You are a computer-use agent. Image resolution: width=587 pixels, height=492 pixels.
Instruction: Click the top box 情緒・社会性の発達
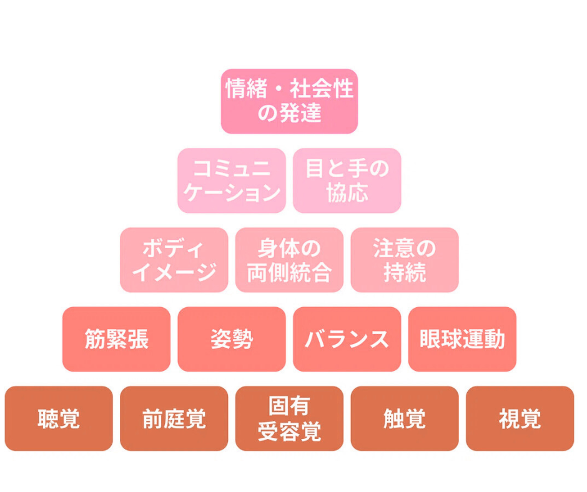pos(289,101)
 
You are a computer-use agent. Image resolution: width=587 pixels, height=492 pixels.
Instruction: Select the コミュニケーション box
pos(232,180)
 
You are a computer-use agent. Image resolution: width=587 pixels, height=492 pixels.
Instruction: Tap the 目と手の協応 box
pos(347,180)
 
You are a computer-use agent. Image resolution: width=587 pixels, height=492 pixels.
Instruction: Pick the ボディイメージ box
pos(174,260)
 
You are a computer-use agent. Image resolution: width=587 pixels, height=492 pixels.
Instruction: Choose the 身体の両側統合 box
pos(289,260)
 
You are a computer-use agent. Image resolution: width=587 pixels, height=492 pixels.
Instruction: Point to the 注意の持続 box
pos(405,260)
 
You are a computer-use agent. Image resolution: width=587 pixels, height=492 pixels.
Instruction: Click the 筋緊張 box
pos(116,339)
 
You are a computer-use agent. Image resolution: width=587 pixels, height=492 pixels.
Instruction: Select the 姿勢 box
pos(232,339)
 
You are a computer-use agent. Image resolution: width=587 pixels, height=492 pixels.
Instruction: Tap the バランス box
pos(347,339)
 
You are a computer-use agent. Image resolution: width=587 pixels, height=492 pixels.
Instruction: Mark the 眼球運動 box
pos(462,339)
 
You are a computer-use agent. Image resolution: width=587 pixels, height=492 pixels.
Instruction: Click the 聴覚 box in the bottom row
pos(59,418)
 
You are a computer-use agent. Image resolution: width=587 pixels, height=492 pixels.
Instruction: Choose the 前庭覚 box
pos(174,418)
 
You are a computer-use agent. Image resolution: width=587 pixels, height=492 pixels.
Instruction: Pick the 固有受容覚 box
pos(289,418)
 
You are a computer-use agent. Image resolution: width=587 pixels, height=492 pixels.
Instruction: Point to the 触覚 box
pos(405,418)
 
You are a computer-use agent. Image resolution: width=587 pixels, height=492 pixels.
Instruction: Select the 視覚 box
pos(520,418)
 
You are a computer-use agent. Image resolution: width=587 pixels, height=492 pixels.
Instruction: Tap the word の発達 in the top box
pos(289,114)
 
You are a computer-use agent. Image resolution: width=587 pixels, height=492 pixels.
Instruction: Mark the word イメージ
pos(174,272)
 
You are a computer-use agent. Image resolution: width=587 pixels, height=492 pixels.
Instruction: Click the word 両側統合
pos(289,272)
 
